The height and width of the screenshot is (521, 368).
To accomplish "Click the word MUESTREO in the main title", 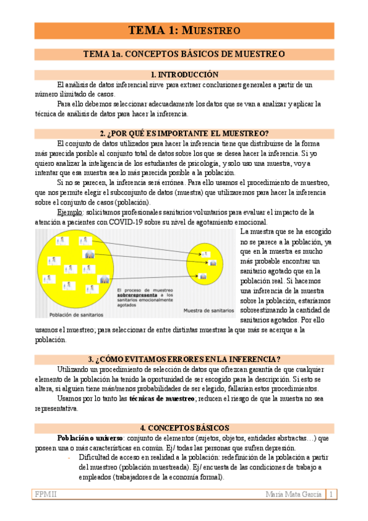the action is (x=212, y=30).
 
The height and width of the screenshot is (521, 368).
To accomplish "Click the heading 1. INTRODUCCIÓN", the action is (x=184, y=74).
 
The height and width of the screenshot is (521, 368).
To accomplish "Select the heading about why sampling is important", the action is (x=184, y=133).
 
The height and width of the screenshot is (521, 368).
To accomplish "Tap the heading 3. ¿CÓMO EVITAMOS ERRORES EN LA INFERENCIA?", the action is (x=184, y=359).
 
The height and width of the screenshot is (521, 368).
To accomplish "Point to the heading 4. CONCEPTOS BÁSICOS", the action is (x=184, y=428).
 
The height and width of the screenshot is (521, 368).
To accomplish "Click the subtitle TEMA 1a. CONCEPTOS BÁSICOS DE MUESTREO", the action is (x=184, y=54).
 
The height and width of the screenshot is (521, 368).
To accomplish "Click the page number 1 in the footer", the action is (x=331, y=494).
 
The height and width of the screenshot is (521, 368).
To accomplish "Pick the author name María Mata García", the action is (x=294, y=494).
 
